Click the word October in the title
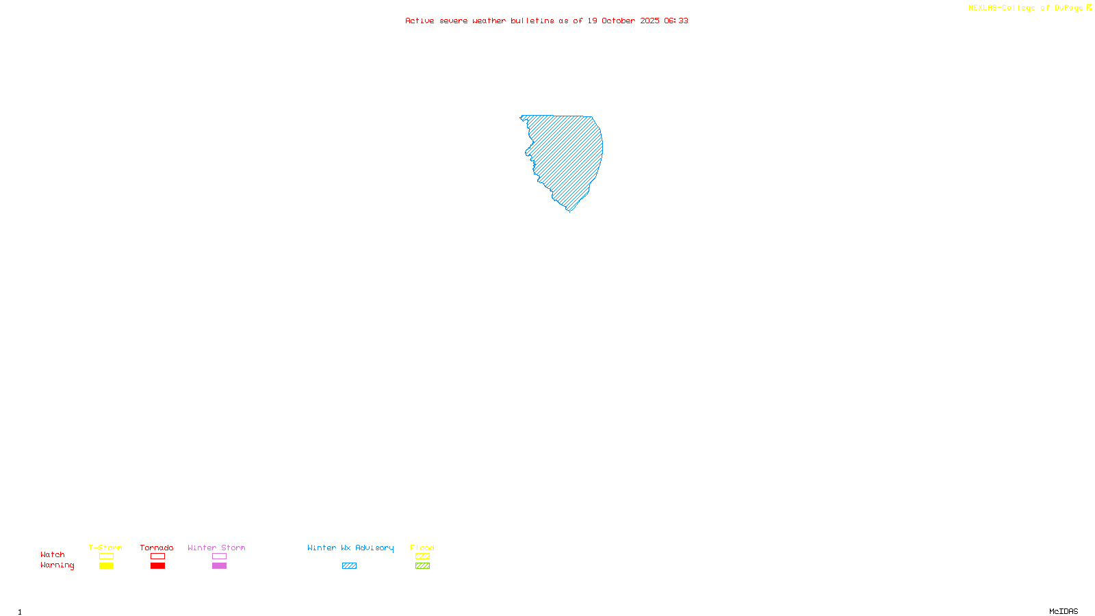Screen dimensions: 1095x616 pyautogui.click(x=618, y=21)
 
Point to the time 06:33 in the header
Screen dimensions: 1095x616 pyautogui.click(x=676, y=21)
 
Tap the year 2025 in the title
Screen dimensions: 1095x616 pyautogui.click(x=649, y=21)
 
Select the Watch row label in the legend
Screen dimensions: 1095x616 pyautogui.click(x=53, y=554)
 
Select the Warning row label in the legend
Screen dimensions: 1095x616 pyautogui.click(x=57, y=565)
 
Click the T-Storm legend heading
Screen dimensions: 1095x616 pyautogui.click(x=105, y=548)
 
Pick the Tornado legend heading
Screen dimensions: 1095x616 pyautogui.click(x=157, y=548)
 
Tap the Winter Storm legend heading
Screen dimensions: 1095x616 pyautogui.click(x=216, y=548)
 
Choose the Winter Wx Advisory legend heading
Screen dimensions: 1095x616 pyautogui.click(x=350, y=548)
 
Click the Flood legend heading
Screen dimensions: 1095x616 pyautogui.click(x=422, y=548)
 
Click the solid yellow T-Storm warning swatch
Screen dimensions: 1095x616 pyautogui.click(x=106, y=566)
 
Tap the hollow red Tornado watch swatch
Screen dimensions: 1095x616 pyautogui.click(x=157, y=556)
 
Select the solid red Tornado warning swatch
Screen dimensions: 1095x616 pyautogui.click(x=157, y=566)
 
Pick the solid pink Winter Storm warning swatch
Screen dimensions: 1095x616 pyautogui.click(x=219, y=566)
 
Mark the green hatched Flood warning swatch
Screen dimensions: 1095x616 pyautogui.click(x=422, y=566)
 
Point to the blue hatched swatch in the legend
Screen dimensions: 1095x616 pyautogui.click(x=349, y=566)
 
